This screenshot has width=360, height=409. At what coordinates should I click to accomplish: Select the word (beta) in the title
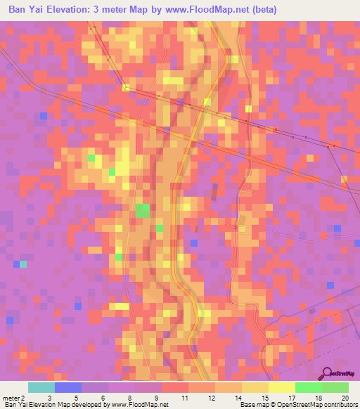coord(265,10)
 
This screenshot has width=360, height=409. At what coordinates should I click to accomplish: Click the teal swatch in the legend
coord(41,387)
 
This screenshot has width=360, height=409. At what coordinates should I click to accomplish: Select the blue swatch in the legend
coord(67,387)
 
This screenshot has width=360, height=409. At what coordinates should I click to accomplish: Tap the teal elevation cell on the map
coord(23,264)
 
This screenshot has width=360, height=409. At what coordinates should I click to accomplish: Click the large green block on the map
coord(143,210)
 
